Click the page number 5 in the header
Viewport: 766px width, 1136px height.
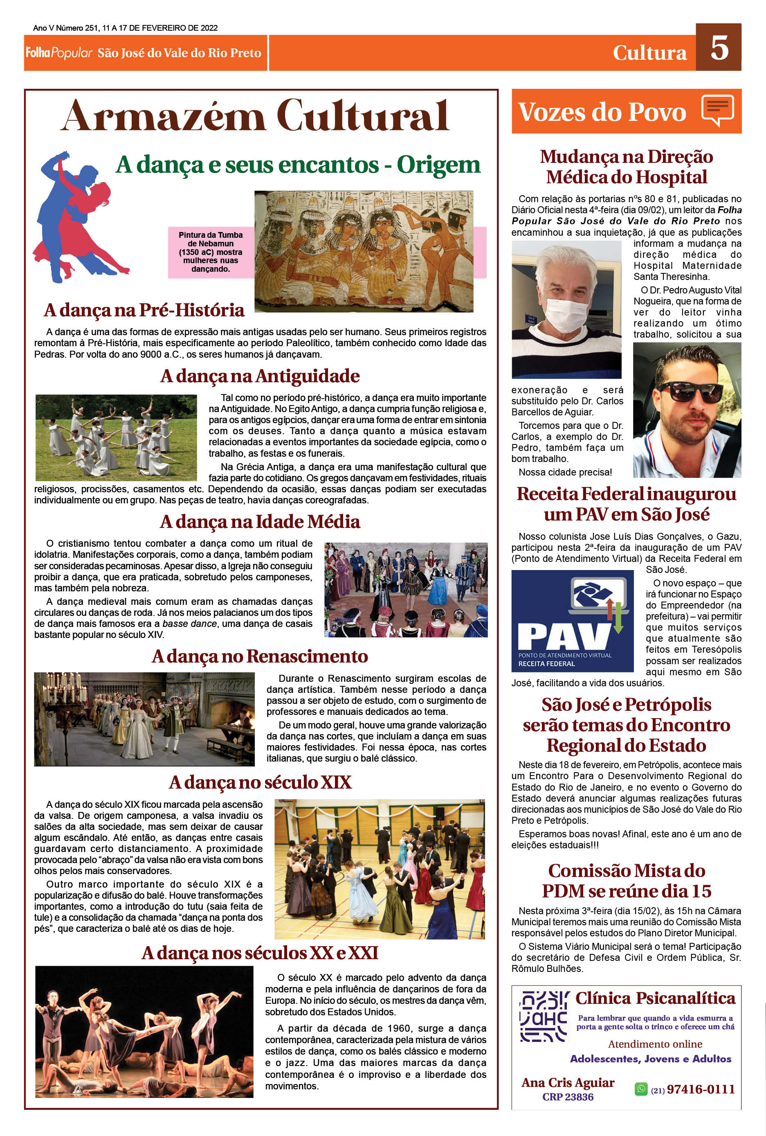pyautogui.click(x=719, y=48)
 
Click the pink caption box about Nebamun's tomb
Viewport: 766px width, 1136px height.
pyautogui.click(x=211, y=252)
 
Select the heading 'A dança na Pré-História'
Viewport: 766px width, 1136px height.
pyautogui.click(x=144, y=310)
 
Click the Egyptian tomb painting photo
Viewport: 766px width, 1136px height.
pyautogui.click(x=364, y=251)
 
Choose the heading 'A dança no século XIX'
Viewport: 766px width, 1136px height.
pyautogui.click(x=260, y=782)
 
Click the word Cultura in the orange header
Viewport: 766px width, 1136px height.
pyautogui.click(x=649, y=53)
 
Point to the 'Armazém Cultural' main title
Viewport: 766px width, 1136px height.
pyautogui.click(x=254, y=116)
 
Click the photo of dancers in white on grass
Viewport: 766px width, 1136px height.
pyautogui.click(x=116, y=437)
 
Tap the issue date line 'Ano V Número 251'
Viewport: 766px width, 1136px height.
pyautogui.click(x=126, y=28)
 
